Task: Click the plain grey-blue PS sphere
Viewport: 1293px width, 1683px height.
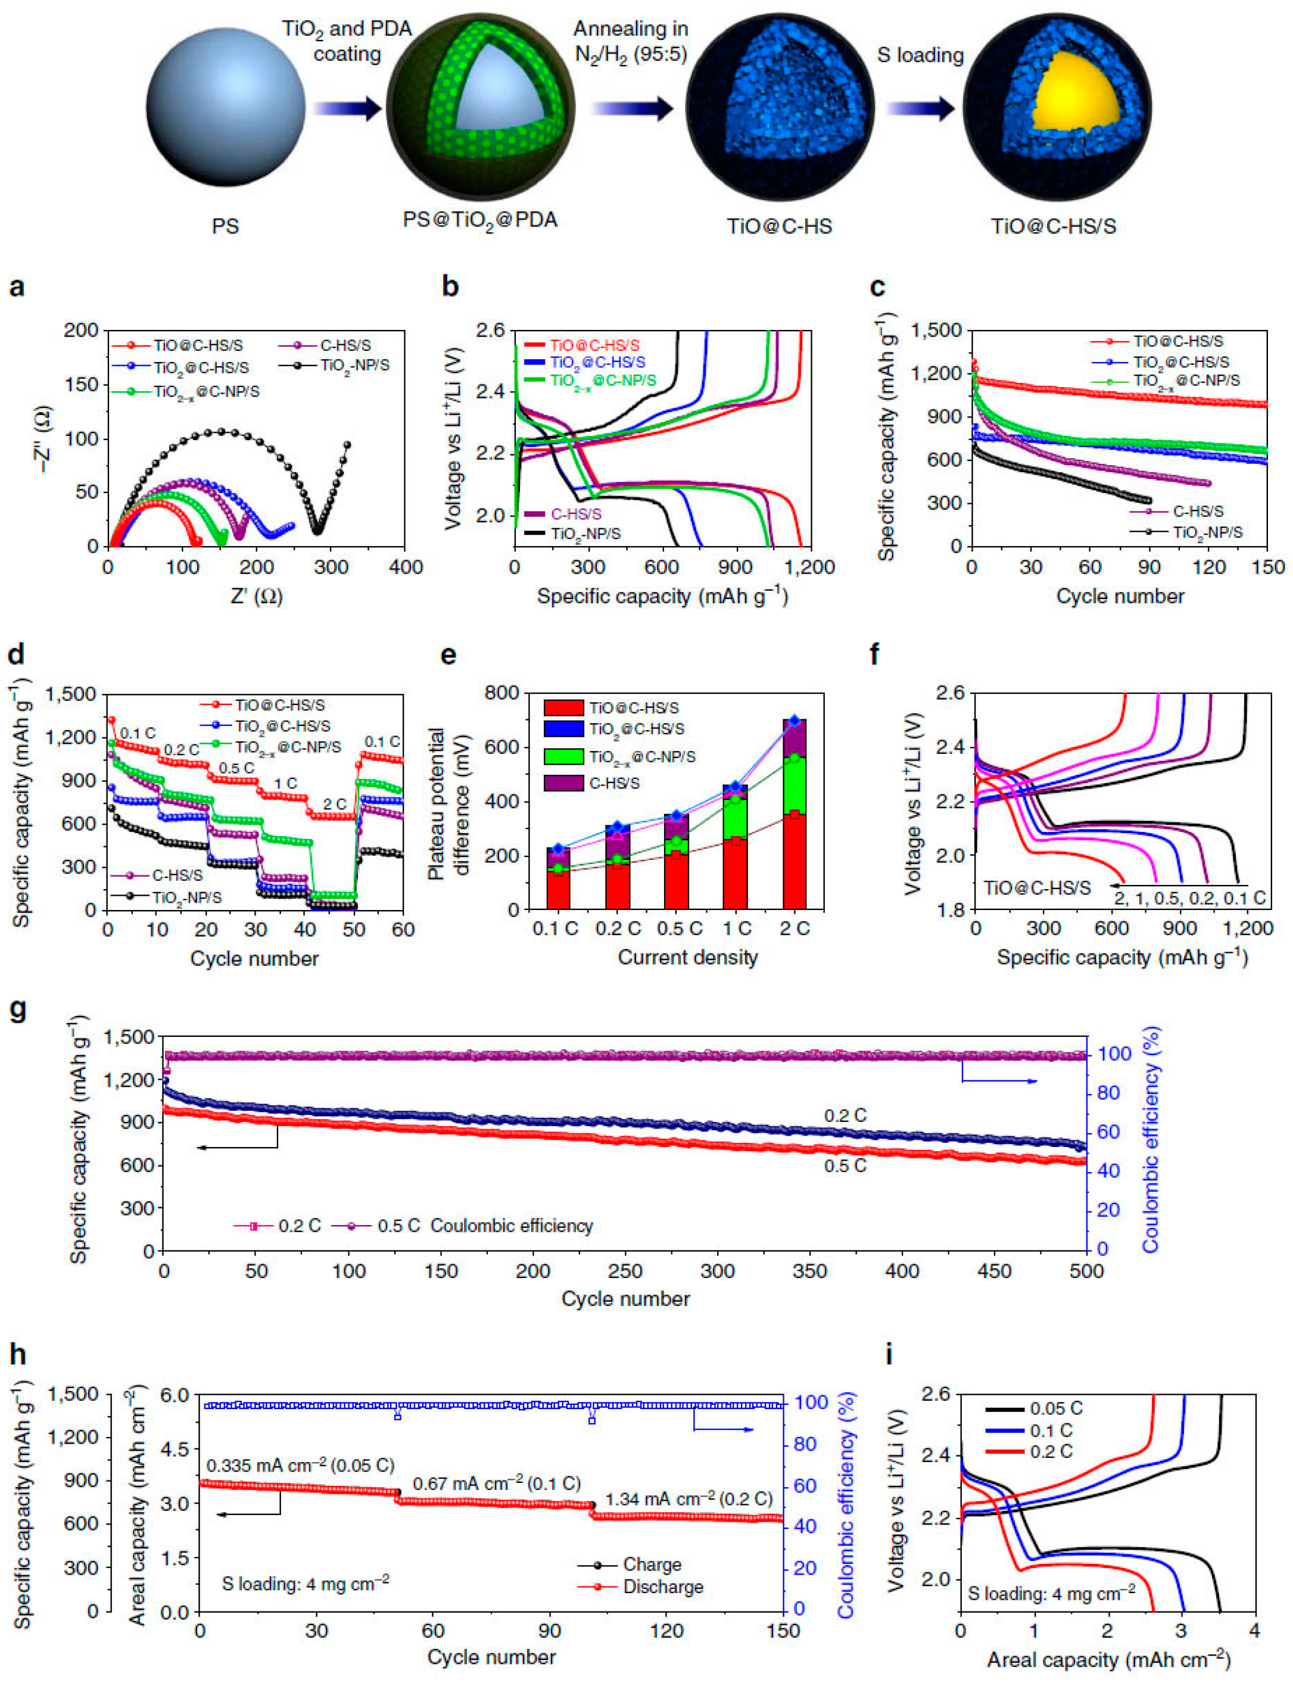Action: coord(226,108)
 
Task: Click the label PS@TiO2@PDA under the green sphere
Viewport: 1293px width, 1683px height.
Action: coord(479,221)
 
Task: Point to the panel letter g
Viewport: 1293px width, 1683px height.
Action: coord(17,1009)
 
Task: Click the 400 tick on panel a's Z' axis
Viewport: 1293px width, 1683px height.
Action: coord(406,567)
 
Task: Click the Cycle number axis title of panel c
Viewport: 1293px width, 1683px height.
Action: coord(1120,596)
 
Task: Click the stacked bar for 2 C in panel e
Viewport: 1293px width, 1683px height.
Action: coord(795,816)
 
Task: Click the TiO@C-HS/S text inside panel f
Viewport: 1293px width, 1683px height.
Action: coord(1037,888)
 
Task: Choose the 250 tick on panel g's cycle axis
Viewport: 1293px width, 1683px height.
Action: coord(625,1271)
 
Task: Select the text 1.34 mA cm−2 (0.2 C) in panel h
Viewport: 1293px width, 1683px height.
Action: coord(688,1499)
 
